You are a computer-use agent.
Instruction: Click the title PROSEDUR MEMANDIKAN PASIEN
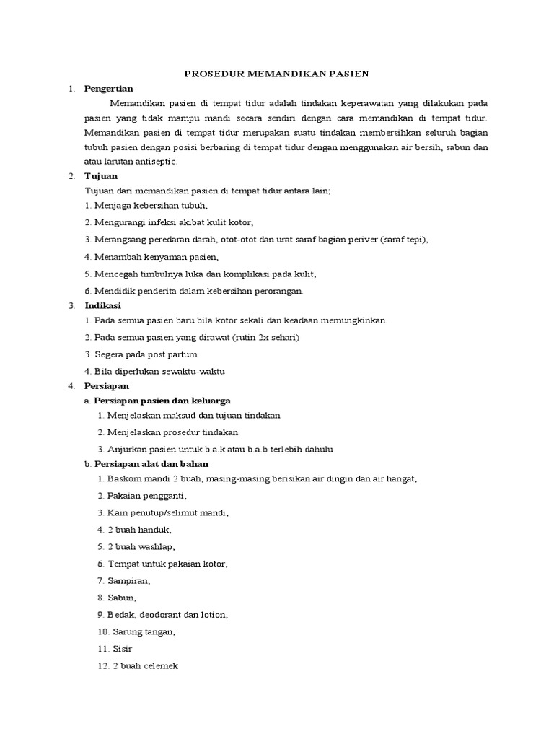click(277, 73)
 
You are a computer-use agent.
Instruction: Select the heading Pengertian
click(109, 89)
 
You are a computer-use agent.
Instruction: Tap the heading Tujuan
click(101, 175)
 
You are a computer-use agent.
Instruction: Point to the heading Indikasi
click(104, 305)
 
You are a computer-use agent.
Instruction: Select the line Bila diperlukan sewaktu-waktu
click(155, 371)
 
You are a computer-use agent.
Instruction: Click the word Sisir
click(122, 649)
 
